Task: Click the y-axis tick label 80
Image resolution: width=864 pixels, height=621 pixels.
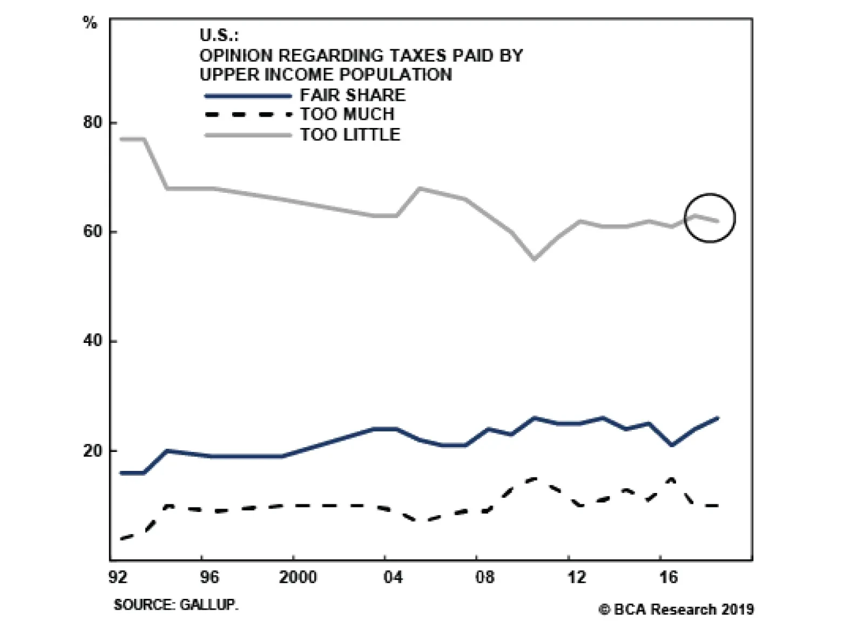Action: pyautogui.click(x=92, y=123)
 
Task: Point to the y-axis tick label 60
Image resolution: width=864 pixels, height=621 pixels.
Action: pyautogui.click(x=92, y=232)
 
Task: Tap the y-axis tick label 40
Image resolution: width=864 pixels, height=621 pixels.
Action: pyautogui.click(x=92, y=341)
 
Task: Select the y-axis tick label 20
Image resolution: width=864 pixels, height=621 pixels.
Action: pyautogui.click(x=92, y=450)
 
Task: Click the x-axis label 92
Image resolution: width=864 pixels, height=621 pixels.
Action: pyautogui.click(x=118, y=577)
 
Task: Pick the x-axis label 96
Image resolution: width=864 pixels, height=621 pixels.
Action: pyautogui.click(x=210, y=577)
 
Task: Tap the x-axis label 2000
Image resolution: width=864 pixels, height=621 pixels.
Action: pyautogui.click(x=298, y=577)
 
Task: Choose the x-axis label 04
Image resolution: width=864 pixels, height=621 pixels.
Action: pyautogui.click(x=393, y=577)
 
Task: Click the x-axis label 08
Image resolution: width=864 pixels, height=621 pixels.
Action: pyautogui.click(x=484, y=577)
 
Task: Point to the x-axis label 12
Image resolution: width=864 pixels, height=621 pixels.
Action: pyautogui.click(x=576, y=577)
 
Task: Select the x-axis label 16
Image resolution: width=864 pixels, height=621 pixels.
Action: pyautogui.click(x=668, y=577)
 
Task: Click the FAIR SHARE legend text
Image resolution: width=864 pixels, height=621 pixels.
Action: pyautogui.click(x=353, y=95)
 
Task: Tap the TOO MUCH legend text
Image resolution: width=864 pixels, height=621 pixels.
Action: pyautogui.click(x=347, y=114)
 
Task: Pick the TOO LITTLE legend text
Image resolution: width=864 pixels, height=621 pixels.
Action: pyautogui.click(x=350, y=134)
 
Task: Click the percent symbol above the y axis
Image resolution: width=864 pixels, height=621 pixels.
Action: pyautogui.click(x=90, y=23)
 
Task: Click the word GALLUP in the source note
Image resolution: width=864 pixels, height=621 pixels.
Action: pyautogui.click(x=208, y=604)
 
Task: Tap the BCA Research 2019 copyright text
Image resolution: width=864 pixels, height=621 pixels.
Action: pyautogui.click(x=676, y=609)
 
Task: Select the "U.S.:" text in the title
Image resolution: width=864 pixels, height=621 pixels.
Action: pyautogui.click(x=219, y=35)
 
